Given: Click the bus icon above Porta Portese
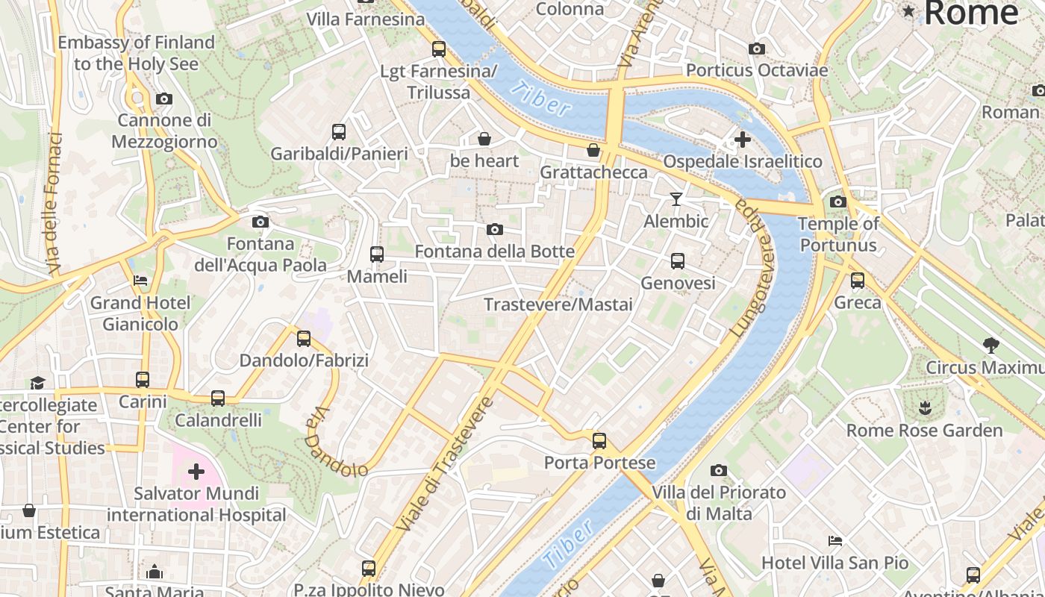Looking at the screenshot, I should point(599,440).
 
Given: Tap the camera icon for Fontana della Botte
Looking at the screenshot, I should point(494,229).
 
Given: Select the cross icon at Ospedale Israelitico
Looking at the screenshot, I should point(742,139).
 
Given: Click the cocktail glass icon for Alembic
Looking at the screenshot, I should point(676,199).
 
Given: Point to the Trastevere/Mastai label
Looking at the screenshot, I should point(558,304).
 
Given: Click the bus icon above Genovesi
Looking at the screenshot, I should point(678,260).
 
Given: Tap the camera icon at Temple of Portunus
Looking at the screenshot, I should point(838,201).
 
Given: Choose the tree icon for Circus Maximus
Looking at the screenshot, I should point(991,346).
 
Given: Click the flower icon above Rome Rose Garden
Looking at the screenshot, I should point(926,408).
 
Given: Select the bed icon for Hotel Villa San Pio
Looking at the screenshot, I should point(835,540).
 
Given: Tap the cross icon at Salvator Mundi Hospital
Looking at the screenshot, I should point(196,472).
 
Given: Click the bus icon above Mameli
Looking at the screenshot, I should point(377,254).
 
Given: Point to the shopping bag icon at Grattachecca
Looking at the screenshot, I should point(593,151).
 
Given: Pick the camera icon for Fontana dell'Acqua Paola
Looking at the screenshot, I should point(260,222).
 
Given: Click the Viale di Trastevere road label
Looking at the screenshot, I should point(445,464).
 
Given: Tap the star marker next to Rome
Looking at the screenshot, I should point(908,11).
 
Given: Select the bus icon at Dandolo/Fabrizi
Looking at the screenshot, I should point(304,339).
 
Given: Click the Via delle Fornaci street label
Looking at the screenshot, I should point(54,203).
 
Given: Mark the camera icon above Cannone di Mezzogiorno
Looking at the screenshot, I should point(164,99).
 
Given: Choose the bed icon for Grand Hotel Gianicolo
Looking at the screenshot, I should point(140,281).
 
